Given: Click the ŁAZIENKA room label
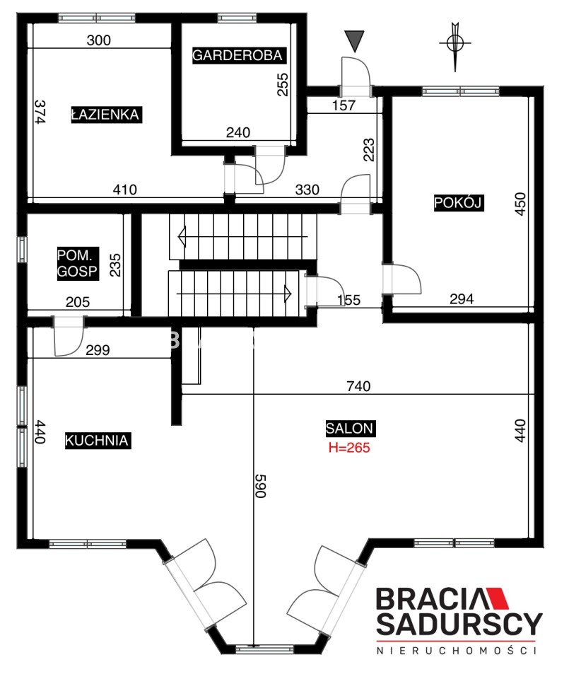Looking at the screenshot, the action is pyautogui.click(x=107, y=115).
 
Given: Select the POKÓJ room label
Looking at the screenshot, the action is pyautogui.click(x=459, y=203).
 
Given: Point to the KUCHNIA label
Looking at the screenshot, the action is pyautogui.click(x=98, y=441).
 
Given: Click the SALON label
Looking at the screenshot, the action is pyautogui.click(x=351, y=429).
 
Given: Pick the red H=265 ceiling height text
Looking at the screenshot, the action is pyautogui.click(x=350, y=447).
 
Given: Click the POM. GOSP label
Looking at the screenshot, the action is pyautogui.click(x=78, y=263).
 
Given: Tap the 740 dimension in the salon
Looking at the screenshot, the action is pyautogui.click(x=358, y=386).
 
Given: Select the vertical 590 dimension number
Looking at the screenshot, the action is pyautogui.click(x=260, y=486).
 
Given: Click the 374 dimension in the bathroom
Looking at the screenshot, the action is pyautogui.click(x=40, y=112).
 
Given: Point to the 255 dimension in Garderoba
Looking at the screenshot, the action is pyautogui.click(x=282, y=84).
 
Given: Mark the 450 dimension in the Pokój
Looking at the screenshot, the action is pyautogui.click(x=520, y=204).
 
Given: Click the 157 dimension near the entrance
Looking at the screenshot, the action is pyautogui.click(x=344, y=105).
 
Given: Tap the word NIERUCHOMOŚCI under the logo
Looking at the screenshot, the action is pyautogui.click(x=457, y=651).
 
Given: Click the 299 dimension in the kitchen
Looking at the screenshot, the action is pyautogui.click(x=98, y=350).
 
